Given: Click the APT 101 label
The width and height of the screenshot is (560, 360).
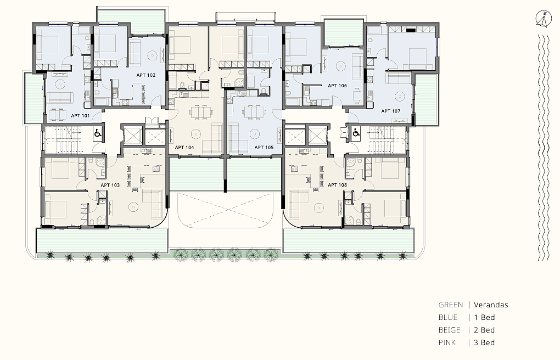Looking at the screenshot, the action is pos(80,116).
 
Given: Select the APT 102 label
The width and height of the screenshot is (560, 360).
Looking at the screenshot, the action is pos(145,75).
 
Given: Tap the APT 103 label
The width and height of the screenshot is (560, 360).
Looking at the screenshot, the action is pos(110,185).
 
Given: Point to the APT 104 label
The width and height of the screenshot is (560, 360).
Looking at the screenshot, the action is pos(184,147).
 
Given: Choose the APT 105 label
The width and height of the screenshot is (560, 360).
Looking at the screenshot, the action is pos(264,147).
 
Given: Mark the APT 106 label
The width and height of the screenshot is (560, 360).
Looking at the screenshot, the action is pos(337,86).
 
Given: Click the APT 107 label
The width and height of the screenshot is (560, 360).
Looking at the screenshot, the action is pos(391,111).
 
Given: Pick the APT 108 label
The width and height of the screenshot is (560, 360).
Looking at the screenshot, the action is pos(337,185).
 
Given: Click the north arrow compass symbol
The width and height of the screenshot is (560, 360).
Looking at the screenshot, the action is pos(544,19).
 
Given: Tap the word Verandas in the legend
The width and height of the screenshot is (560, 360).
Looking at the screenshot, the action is pos(491,305).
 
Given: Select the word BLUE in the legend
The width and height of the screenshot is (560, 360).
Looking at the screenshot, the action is pos(448,318).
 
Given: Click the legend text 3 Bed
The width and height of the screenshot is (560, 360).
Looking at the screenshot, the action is pos(484,343).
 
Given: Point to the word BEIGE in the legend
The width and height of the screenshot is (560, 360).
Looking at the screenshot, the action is pos(449,330).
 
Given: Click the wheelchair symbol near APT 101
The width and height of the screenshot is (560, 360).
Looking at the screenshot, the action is pos(98,134).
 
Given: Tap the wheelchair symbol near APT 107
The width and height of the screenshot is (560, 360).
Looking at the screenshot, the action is pos(356,133).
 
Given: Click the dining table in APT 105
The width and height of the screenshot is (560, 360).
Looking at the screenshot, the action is pos(254,111).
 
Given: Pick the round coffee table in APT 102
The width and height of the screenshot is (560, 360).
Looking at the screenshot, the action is pos(153,55).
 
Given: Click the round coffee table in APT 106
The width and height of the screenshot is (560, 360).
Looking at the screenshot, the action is pos(341,66).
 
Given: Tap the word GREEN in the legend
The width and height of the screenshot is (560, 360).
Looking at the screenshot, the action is pos(451,305).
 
